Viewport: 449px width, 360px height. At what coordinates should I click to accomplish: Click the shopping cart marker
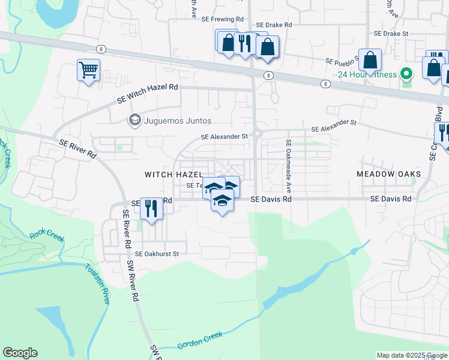pyautogui.click(x=88, y=70)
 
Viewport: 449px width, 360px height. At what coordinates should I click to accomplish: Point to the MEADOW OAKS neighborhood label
pyautogui.click(x=388, y=174)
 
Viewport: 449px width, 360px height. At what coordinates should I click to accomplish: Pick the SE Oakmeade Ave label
pyautogui.click(x=289, y=162)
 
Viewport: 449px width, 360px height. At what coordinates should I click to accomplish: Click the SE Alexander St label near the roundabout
pyautogui.click(x=224, y=137)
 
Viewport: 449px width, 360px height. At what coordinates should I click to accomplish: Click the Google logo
pyautogui.click(x=20, y=353)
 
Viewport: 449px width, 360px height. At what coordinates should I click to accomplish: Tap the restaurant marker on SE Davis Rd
pyautogui.click(x=151, y=209)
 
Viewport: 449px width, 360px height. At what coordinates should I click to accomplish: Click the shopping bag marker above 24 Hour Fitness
pyautogui.click(x=370, y=60)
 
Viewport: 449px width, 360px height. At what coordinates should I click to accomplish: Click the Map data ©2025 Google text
pyautogui.click(x=411, y=355)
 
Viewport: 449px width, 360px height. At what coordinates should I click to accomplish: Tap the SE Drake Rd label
pyautogui.click(x=273, y=25)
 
